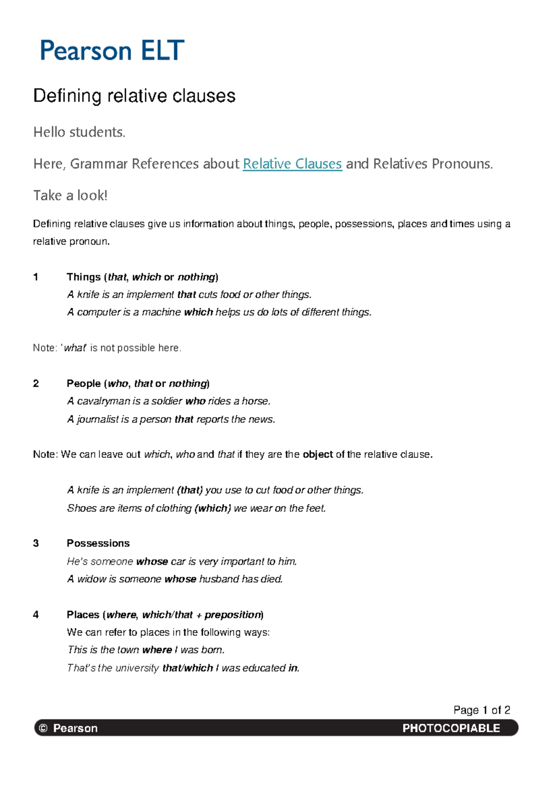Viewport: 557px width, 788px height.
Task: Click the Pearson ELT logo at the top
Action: [112, 51]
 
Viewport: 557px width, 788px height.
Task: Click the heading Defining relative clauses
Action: [134, 96]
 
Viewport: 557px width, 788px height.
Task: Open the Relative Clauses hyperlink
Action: [292, 164]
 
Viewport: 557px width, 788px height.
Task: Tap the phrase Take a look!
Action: [70, 195]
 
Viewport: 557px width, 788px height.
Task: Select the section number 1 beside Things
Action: [36, 277]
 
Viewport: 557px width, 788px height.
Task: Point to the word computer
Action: [98, 312]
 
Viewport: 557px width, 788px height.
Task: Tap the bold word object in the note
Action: [317, 454]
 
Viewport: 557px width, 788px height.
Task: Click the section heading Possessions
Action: [98, 543]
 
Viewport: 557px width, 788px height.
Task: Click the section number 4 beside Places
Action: [36, 615]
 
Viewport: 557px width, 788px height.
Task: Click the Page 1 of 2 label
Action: [481, 710]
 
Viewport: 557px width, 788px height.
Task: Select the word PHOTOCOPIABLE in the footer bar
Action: [451, 728]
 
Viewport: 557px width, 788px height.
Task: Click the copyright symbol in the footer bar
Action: [43, 728]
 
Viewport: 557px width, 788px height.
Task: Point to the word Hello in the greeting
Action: [49, 132]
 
